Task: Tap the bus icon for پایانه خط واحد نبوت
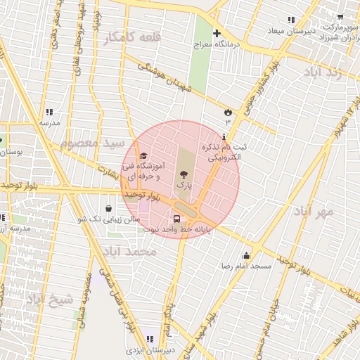(176, 219)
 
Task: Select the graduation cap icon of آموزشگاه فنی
(144, 156)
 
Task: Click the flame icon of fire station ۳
(227, 112)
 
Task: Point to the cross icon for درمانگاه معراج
(217, 33)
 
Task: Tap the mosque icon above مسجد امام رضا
(246, 256)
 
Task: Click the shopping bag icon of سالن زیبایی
(108, 209)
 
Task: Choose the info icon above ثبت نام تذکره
(224, 136)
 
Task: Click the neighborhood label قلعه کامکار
(132, 37)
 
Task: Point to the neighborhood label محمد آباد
(129, 251)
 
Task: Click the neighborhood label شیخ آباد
(50, 300)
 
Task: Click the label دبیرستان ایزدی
(149, 349)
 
